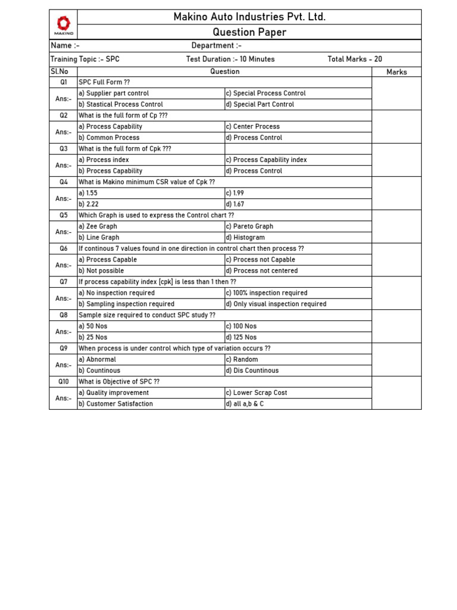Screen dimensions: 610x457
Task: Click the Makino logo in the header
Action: click(63, 24)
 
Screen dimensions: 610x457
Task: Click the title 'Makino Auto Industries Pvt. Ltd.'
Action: click(249, 17)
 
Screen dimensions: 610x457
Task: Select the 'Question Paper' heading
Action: click(249, 32)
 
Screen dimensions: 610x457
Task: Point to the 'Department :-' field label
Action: click(216, 46)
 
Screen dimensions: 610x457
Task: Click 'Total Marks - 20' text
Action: click(355, 59)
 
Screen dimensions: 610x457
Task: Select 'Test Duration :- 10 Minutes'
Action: click(230, 59)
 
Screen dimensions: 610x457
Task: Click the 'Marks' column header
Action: click(396, 71)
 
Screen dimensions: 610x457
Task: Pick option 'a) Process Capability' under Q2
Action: click(111, 126)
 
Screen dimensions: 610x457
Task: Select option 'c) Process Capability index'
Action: click(266, 160)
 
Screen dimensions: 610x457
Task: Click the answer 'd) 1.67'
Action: click(234, 204)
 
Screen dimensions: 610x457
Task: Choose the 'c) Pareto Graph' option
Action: click(249, 226)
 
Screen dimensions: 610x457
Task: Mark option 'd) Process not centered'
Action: click(261, 270)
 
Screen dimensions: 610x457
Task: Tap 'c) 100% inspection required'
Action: click(266, 293)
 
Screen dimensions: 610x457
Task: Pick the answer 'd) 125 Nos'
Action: click(241, 337)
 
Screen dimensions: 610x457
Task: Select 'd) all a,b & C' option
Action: click(244, 404)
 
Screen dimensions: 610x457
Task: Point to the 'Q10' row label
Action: click(63, 381)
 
